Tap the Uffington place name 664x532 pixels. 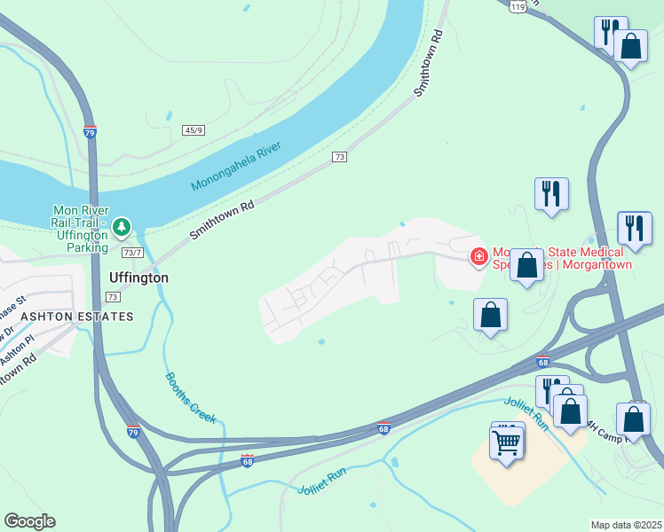tap(138, 278)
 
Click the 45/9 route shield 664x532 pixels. tap(194, 130)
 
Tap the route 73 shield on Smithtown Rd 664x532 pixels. tap(339, 157)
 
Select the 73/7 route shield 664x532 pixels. tap(132, 253)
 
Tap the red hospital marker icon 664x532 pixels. tap(479, 257)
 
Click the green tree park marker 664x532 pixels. tap(122, 228)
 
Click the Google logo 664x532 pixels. tap(29, 521)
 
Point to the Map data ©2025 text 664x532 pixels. tap(626, 525)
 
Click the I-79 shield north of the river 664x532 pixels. tap(90, 132)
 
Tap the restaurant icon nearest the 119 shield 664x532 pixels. tap(610, 33)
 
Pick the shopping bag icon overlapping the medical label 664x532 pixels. tap(526, 264)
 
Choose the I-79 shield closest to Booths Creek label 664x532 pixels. tap(132, 432)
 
